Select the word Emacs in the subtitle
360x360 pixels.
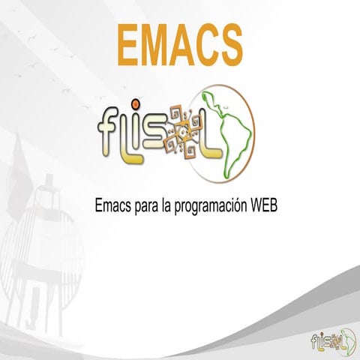point(112,205)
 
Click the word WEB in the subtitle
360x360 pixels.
point(265,205)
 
